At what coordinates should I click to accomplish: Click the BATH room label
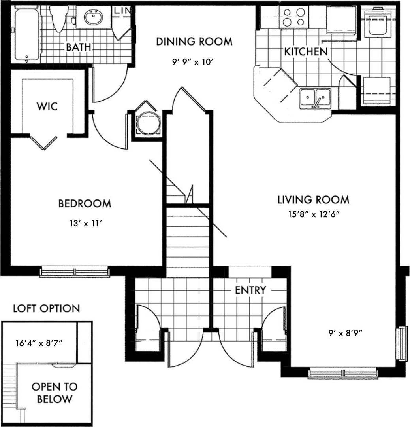tap(78, 47)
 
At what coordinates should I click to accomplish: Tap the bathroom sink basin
tap(94, 17)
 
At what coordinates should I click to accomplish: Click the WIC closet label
tap(47, 106)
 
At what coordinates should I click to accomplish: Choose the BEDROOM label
tap(85, 204)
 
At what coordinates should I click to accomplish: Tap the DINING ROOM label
tap(194, 42)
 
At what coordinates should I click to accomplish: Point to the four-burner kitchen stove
tap(294, 17)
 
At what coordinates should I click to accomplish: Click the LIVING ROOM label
tap(313, 199)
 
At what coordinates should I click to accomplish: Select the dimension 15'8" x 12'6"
tap(314, 215)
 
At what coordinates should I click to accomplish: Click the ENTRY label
tap(250, 290)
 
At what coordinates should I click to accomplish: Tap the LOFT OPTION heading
tap(46, 308)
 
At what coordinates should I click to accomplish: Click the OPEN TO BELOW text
tap(55, 393)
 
